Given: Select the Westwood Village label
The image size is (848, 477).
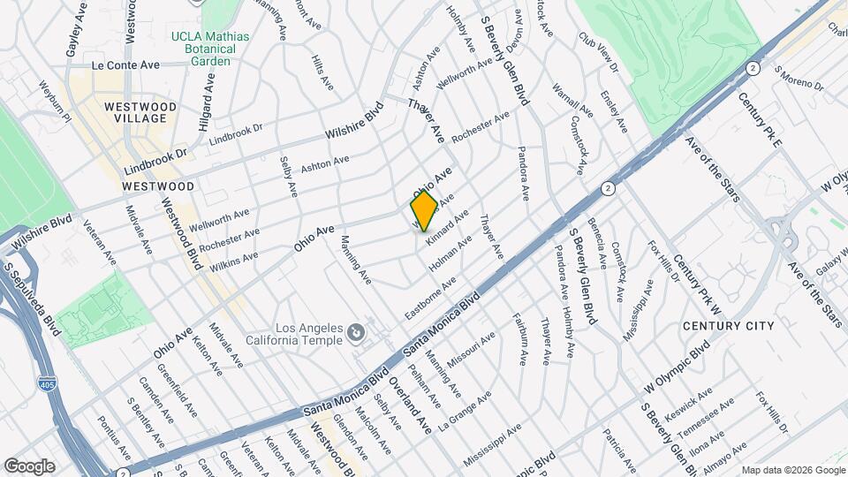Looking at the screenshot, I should click(140, 112).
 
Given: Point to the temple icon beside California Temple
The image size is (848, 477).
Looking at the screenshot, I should click(355, 333).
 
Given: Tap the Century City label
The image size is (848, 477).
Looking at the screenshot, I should click(729, 326).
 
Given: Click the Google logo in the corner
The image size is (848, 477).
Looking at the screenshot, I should click(28, 466).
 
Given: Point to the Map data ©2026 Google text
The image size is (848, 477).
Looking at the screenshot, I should click(792, 470).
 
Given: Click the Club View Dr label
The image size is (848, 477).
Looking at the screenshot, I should click(597, 52).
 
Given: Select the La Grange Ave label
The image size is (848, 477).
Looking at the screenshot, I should click(465, 411).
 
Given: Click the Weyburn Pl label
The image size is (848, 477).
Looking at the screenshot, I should click(54, 101).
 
